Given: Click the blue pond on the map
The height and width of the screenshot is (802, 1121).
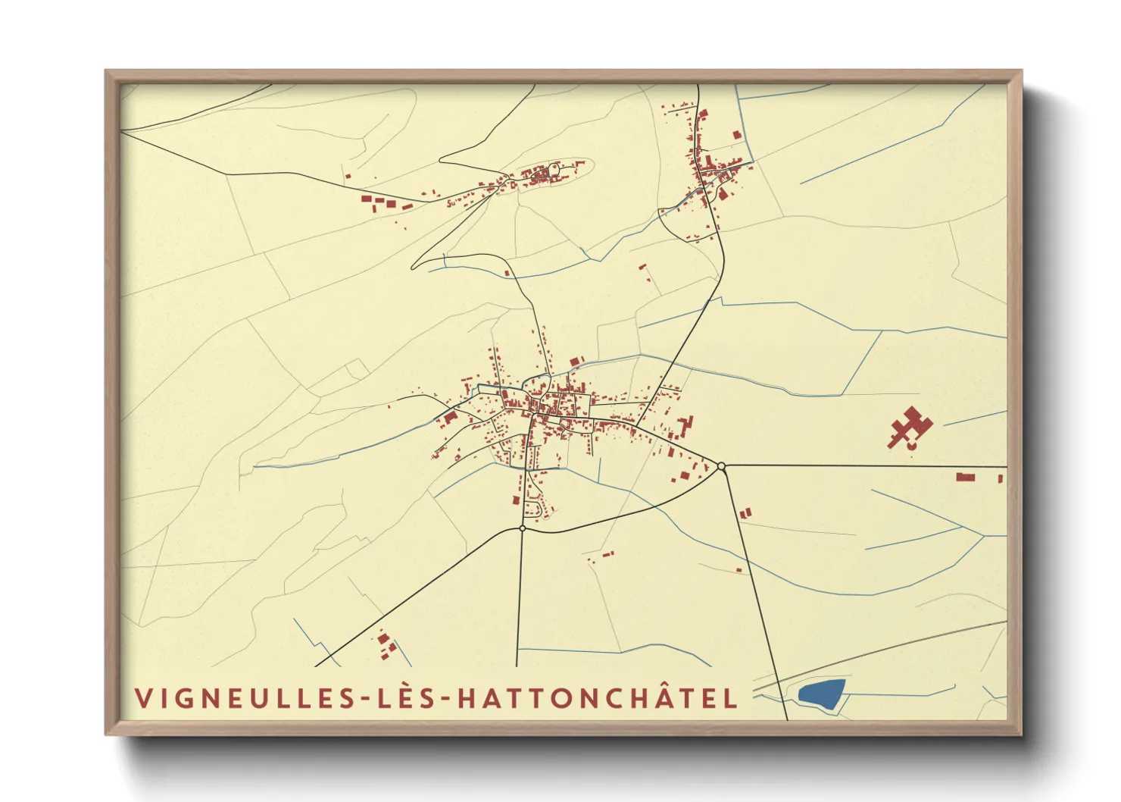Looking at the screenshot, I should (822, 694).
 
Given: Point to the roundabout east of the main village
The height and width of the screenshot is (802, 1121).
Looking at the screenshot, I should (722, 466).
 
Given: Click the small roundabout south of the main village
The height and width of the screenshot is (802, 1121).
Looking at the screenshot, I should (523, 528).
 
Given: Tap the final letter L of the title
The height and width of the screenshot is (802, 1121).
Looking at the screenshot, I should (731, 698).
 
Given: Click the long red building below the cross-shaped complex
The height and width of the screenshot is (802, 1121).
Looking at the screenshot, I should (965, 477).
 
